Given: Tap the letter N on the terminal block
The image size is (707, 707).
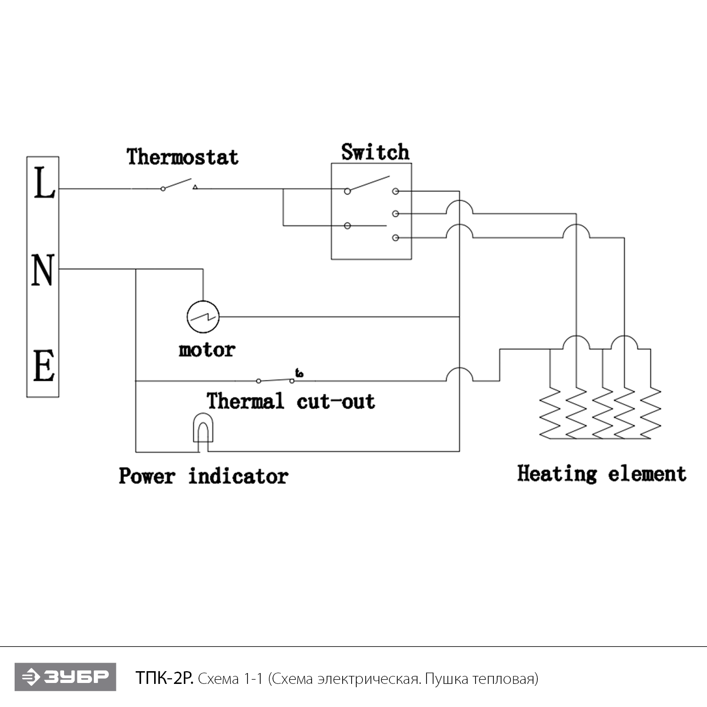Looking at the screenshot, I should click(43, 270).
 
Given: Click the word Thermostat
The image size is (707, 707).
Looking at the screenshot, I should click(182, 157).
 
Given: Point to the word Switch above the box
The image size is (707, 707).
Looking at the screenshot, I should click(375, 152).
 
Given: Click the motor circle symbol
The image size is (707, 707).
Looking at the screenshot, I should click(203, 317).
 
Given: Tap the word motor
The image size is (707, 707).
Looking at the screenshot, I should click(206, 350).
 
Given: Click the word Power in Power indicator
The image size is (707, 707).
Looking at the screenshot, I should click(147, 476).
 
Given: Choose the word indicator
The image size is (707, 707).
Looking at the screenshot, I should click(238, 476).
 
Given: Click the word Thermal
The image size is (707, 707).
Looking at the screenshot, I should click(245, 401).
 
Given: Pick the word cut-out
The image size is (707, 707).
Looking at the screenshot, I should click(336, 402).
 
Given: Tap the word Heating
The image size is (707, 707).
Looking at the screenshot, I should click(557, 474).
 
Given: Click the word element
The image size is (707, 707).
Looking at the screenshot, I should click(647, 474).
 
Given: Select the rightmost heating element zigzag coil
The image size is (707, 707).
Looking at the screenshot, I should click(651, 412).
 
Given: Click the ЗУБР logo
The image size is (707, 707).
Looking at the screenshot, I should click(65, 677).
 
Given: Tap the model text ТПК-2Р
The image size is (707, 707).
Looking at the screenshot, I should click(164, 678).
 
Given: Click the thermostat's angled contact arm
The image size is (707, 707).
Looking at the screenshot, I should click(177, 183).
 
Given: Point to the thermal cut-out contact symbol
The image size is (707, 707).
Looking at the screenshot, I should click(276, 379).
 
